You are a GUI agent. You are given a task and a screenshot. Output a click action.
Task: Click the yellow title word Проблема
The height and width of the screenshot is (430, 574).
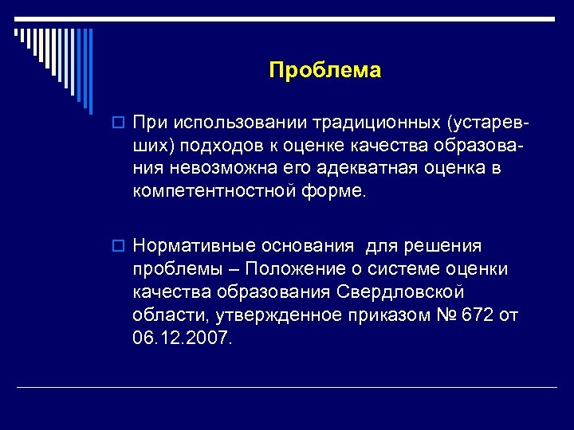[x=325, y=71]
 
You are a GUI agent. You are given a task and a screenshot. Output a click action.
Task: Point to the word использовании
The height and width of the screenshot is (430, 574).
[x=240, y=123]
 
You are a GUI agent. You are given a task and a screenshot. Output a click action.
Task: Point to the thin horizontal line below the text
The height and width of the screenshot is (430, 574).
[x=287, y=387]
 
